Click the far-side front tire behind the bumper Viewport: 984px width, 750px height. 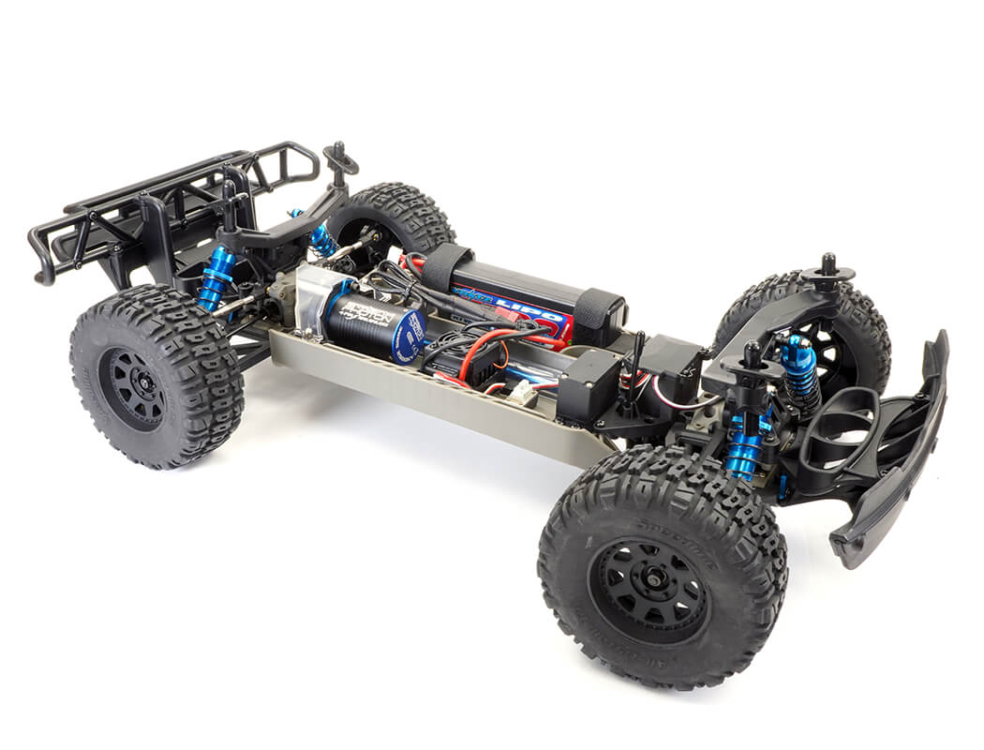(825, 319)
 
